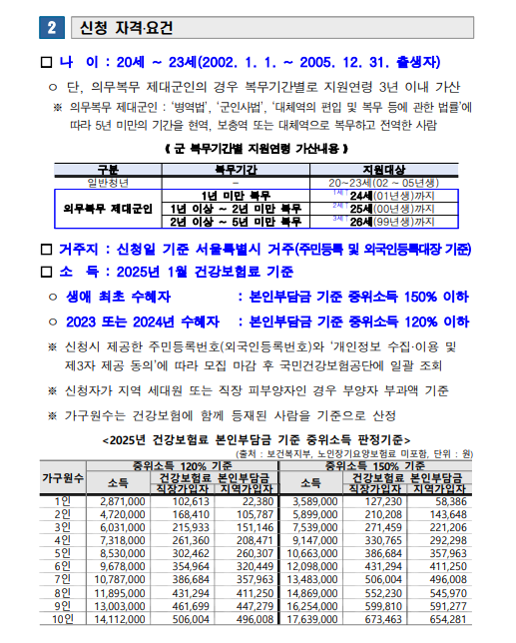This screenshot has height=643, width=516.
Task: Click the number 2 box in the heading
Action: [x=51, y=22]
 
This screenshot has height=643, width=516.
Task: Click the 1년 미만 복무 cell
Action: [x=237, y=196]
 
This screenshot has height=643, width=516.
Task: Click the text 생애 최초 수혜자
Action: [x=120, y=297]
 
